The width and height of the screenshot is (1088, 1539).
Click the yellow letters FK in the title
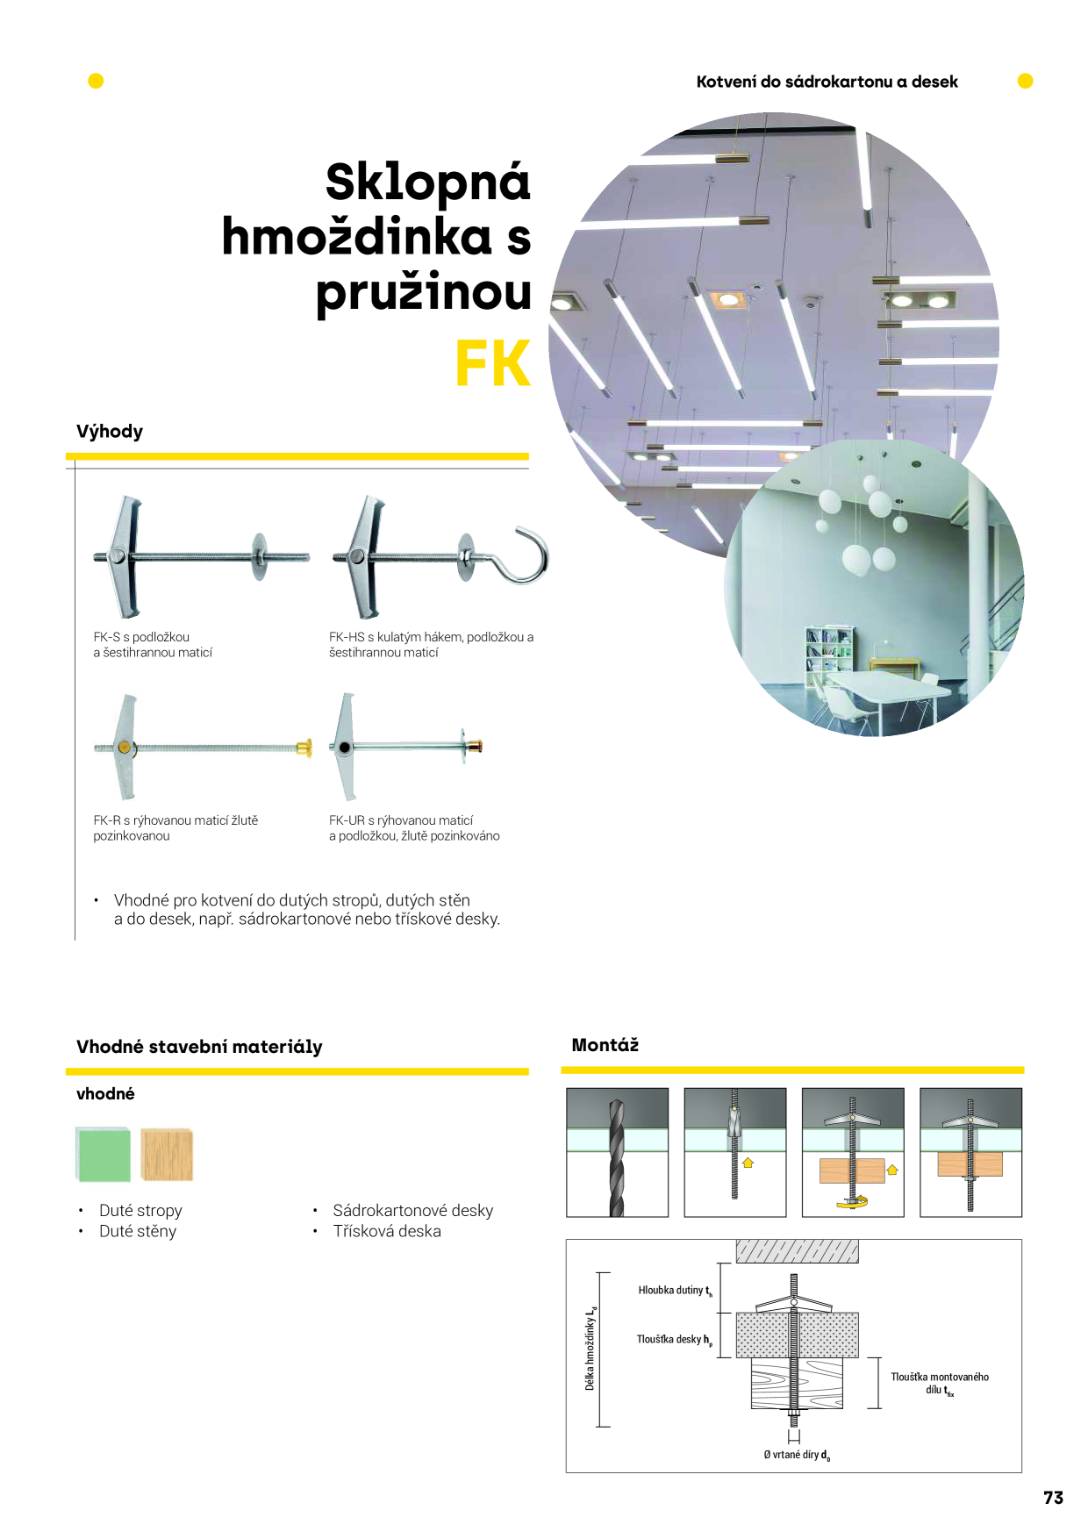coord(493,363)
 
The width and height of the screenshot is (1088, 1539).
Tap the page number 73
coord(1053,1498)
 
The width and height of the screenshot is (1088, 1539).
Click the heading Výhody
coord(110,432)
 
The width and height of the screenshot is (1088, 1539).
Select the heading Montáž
coord(605,1045)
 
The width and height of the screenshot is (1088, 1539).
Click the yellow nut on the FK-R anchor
coord(304,748)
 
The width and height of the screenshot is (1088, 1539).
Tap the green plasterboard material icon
coord(103,1155)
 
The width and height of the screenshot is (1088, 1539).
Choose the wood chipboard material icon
coord(167,1154)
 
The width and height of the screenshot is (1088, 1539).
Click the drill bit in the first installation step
coord(617,1157)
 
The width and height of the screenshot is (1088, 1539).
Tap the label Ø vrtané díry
coord(797,1455)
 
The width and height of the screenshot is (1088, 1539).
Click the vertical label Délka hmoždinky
coord(591,1348)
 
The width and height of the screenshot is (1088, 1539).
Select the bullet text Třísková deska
coord(387,1231)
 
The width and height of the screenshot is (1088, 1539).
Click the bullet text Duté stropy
coord(140,1211)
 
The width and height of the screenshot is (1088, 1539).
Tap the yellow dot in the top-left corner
coord(96,81)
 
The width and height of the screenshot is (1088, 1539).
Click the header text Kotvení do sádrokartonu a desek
coord(827,82)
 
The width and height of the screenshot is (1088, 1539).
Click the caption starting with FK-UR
coord(414,828)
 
